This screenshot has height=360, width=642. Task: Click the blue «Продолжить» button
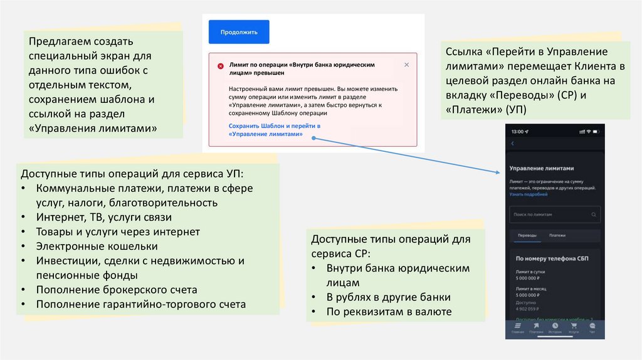tap(239, 32)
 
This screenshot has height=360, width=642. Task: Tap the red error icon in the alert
tap(221, 66)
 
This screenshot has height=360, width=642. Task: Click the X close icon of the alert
tap(406, 65)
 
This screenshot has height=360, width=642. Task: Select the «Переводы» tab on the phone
tap(526, 236)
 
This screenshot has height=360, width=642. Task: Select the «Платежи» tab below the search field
tap(557, 236)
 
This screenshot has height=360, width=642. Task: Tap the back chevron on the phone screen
tap(512, 144)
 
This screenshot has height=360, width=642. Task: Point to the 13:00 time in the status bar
tap(517, 132)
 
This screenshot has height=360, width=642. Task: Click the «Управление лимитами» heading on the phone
tap(542, 169)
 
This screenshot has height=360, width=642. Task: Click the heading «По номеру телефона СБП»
tap(552, 258)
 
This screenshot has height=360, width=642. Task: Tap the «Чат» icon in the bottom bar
tap(592, 327)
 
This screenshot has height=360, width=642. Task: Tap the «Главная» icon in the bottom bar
tap(517, 327)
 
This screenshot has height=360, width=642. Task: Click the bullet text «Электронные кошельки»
tap(97, 246)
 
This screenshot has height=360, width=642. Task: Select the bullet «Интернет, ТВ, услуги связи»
tap(103, 218)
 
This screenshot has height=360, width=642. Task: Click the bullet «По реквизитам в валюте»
tap(389, 312)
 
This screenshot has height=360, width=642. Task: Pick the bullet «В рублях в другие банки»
tap(388, 297)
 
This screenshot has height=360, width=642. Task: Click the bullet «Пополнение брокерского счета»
tap(117, 290)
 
